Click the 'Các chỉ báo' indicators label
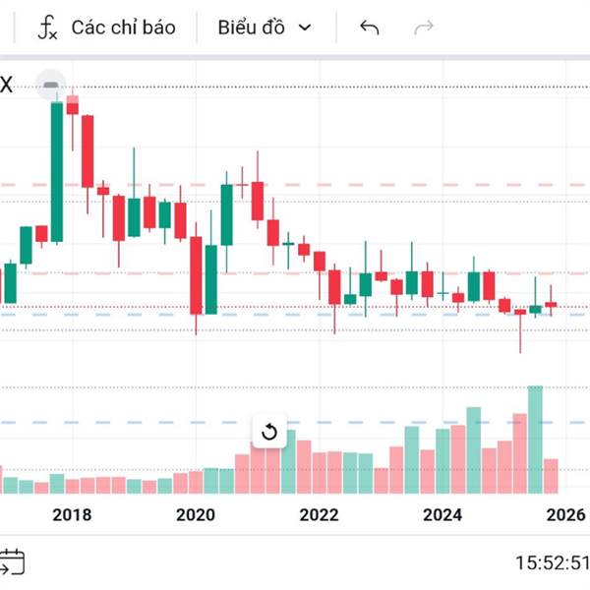coord(123,27)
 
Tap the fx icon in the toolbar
coord(47,27)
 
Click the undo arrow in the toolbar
coord(370,27)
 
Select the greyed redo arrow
coord(424,27)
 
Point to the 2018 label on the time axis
coord(72,514)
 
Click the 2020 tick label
coord(196,514)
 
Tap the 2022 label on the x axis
coord(319,514)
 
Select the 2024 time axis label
coord(442,514)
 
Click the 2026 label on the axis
coord(565,514)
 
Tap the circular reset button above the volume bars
coord(268,432)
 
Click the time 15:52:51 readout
coord(551,563)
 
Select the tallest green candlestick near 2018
coord(57,172)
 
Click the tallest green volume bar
coord(535,439)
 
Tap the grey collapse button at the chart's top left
coord(51,87)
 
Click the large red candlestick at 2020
coord(197,275)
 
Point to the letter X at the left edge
coord(6,86)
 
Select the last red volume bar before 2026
coord(551,476)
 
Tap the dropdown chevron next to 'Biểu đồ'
coord(305,28)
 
